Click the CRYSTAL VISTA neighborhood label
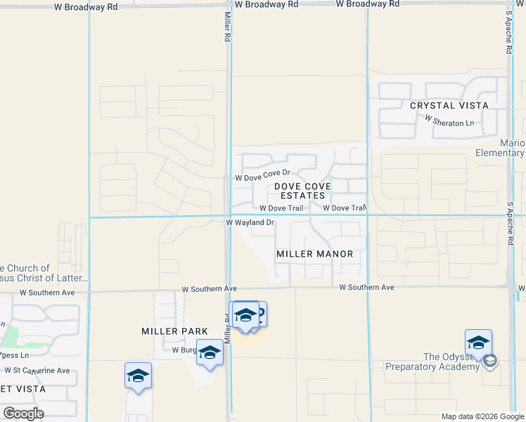(x=449, y=105)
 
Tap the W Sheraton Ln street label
(x=449, y=122)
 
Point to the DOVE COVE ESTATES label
(x=302, y=191)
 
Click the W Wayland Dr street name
(x=249, y=222)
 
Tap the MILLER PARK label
(x=174, y=331)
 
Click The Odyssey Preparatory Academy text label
(x=432, y=362)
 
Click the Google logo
(x=23, y=414)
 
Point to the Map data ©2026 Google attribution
(x=482, y=416)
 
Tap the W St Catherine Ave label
(x=37, y=370)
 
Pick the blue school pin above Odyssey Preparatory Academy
(x=478, y=343)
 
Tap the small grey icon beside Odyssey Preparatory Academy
(x=490, y=362)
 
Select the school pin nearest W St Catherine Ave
(x=138, y=376)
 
